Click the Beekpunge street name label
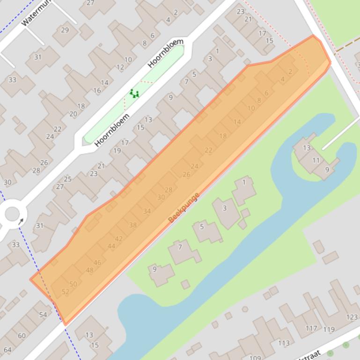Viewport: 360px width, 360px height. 184,207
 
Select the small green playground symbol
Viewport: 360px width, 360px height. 134,94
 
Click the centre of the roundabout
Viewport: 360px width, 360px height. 12,215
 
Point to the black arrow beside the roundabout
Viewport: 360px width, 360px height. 21,222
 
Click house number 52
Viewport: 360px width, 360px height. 66,292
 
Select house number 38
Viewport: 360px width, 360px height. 132,225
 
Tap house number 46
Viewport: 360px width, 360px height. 97,263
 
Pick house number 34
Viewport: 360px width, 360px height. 147,211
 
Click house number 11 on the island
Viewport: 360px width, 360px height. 316,160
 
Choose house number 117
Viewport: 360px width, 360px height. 311,328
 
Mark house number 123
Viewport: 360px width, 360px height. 352,317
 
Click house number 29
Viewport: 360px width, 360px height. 65,30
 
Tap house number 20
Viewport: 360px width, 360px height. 73,114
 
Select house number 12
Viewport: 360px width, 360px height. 120,67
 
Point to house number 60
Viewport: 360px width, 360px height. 22,336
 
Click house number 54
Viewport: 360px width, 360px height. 43,315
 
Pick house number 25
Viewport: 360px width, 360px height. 68,179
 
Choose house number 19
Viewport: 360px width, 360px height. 117,151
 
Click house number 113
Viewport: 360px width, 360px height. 284,343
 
